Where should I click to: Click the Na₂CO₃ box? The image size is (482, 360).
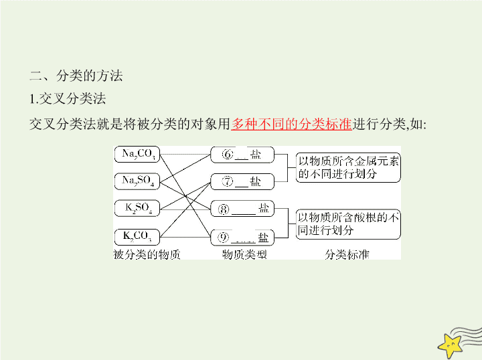tap(137, 154)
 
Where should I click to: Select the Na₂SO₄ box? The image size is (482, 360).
tap(137, 181)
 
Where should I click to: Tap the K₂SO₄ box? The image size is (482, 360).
tap(137, 208)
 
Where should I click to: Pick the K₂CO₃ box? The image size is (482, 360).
tap(137, 237)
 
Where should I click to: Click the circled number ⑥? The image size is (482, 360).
tap(228, 154)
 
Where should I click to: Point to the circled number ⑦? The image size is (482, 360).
tap(228, 181)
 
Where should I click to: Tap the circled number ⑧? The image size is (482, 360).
tap(224, 209)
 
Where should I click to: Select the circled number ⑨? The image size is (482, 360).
tap(223, 238)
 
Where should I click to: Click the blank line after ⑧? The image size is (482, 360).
tap(244, 213)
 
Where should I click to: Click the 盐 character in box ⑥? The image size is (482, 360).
tap(256, 154)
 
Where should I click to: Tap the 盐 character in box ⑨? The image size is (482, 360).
tap(263, 238)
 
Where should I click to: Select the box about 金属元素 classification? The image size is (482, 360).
tap(348, 168)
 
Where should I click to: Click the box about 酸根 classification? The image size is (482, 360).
tap(348, 224)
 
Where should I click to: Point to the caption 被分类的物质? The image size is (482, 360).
tap(147, 255)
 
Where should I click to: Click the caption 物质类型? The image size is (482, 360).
tap(244, 255)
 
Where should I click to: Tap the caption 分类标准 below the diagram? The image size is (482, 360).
tap(347, 255)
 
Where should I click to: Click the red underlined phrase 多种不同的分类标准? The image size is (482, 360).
tap(291, 124)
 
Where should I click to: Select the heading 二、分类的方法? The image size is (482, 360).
tap(76, 76)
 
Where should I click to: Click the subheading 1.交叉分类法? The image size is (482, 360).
tap(68, 99)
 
